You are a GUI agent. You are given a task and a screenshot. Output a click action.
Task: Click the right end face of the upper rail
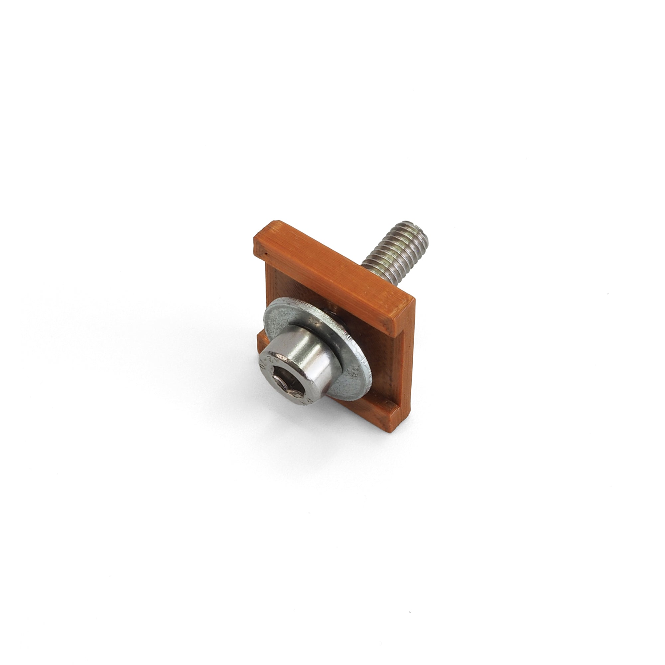[403, 319]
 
